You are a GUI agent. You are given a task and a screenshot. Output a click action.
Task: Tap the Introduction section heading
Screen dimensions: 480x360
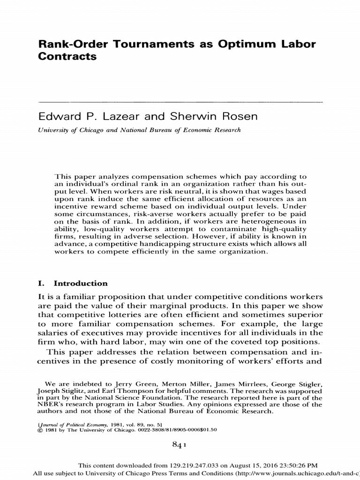tap(81, 284)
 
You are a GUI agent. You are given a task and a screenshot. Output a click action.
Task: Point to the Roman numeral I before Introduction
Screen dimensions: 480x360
tap(40, 284)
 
